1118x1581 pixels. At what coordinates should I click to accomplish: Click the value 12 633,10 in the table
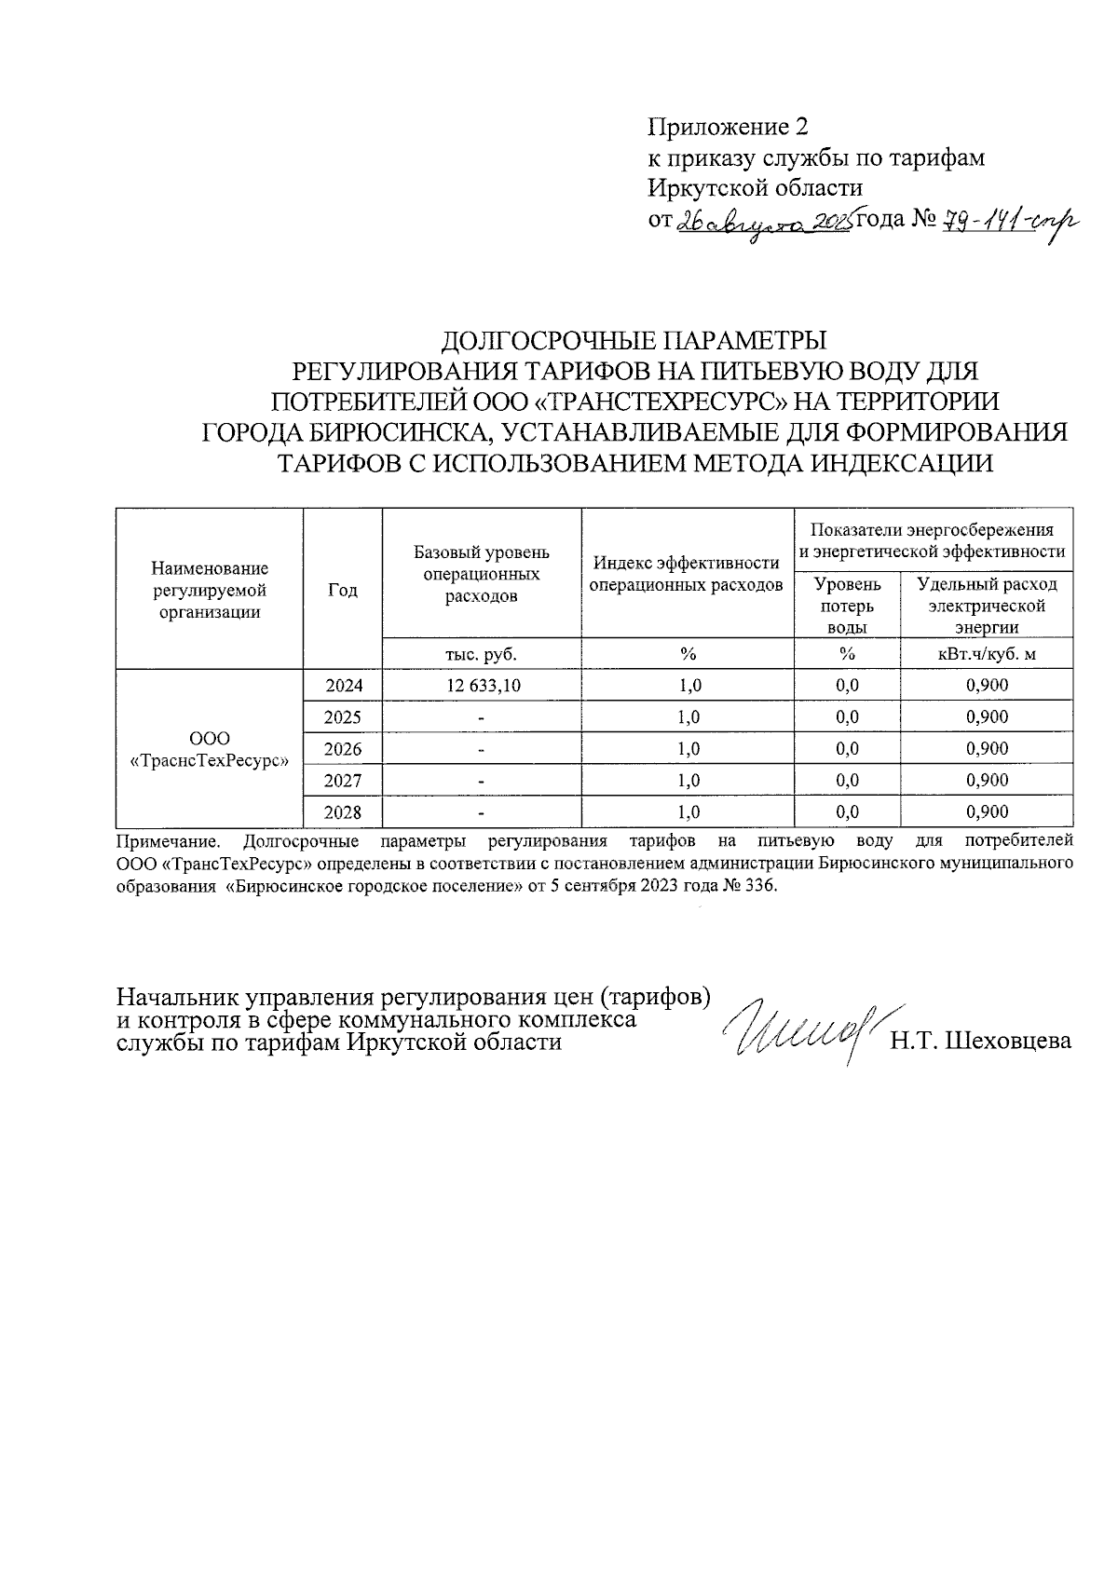(x=483, y=686)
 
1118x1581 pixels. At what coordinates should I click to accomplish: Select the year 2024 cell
(x=343, y=686)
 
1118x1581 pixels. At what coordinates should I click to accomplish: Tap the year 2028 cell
(x=343, y=812)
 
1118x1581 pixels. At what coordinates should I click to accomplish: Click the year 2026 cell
(x=343, y=749)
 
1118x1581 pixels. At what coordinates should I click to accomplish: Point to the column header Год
(x=343, y=591)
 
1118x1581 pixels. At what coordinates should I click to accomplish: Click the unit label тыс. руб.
(x=482, y=654)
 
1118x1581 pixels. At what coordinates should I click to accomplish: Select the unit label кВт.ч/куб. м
(x=987, y=654)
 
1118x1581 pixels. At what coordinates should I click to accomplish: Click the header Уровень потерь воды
(x=846, y=606)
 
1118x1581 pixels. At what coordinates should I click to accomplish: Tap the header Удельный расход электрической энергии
(x=987, y=606)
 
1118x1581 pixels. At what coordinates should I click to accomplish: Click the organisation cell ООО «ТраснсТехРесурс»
(x=210, y=749)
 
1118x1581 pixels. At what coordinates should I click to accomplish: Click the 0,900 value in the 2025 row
(x=987, y=717)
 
